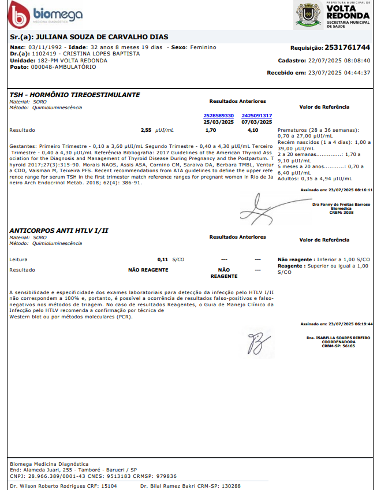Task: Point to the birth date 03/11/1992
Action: (x=41, y=47)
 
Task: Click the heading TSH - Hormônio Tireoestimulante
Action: (x=74, y=95)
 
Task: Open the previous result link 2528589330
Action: (x=219, y=116)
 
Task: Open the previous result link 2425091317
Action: (x=256, y=116)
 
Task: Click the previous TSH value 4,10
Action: (x=253, y=130)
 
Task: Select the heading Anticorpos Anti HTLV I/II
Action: (x=59, y=231)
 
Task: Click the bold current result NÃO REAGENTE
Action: (x=148, y=270)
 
